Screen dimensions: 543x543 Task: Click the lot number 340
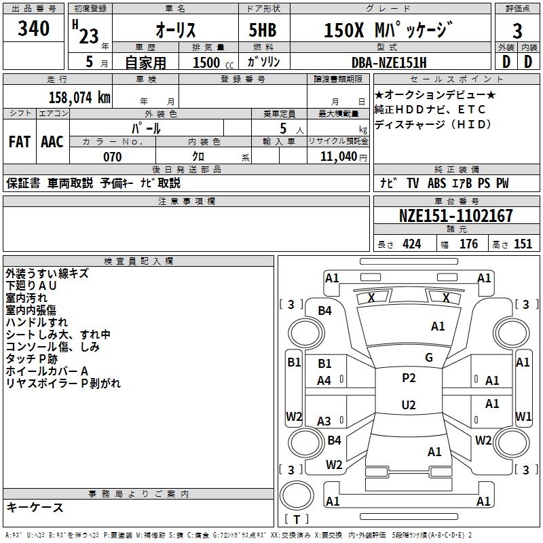[34, 29]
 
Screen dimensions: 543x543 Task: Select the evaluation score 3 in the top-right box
[517, 31]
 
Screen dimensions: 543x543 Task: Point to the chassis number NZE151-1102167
[455, 216]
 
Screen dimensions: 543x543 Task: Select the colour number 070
[113, 157]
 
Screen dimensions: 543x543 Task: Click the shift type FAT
[20, 142]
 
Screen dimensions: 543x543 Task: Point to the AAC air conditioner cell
[52, 142]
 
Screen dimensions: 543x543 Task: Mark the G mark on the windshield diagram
[429, 358]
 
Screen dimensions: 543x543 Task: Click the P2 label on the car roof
[409, 378]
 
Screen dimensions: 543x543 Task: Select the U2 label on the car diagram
[409, 405]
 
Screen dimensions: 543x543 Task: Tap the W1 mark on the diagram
[523, 416]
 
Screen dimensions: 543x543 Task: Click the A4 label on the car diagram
[324, 381]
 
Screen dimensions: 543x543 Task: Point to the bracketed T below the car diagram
[297, 519]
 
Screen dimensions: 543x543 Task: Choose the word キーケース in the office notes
[35, 507]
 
